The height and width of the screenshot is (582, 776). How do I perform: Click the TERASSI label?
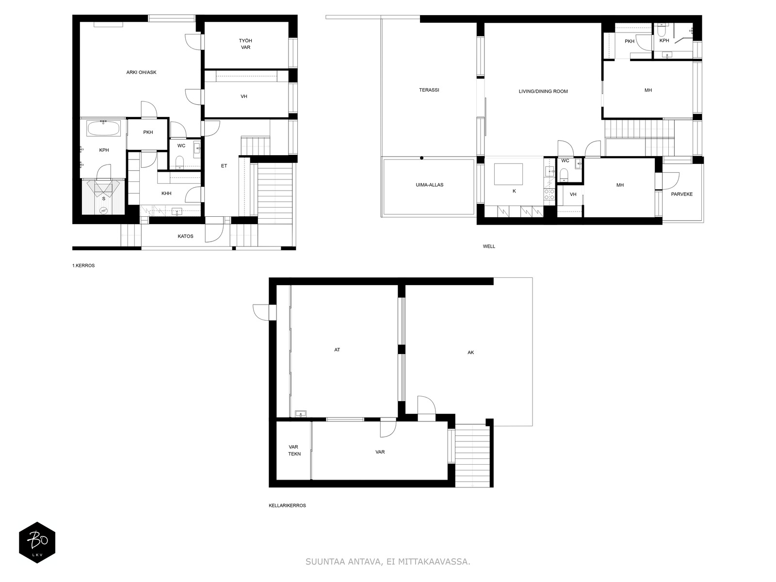(x=429, y=90)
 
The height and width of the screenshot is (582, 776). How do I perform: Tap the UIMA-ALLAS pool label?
(x=429, y=185)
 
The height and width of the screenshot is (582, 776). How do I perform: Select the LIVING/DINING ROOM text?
(x=543, y=91)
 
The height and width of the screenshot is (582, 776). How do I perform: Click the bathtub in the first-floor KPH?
(x=103, y=129)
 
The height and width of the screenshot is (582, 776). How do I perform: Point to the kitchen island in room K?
(x=508, y=174)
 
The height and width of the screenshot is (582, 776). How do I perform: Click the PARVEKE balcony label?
(x=681, y=194)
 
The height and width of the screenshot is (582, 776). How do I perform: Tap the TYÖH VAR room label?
(x=245, y=44)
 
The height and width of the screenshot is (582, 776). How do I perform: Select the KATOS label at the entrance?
(x=185, y=236)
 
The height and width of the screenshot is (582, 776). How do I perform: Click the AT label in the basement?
(x=337, y=350)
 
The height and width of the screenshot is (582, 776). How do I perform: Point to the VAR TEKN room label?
(x=294, y=451)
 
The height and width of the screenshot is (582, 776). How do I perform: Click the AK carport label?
(x=470, y=353)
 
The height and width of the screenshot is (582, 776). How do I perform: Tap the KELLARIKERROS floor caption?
(x=287, y=505)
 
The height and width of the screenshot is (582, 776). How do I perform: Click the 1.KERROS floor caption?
(x=83, y=266)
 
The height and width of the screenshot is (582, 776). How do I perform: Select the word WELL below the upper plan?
(x=489, y=246)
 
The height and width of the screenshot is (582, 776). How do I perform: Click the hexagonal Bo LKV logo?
(x=37, y=543)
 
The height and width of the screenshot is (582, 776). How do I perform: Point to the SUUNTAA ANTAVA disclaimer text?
(x=388, y=562)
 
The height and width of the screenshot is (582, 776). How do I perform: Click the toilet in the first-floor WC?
(x=180, y=162)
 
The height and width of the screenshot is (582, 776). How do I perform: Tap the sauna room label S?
(x=103, y=198)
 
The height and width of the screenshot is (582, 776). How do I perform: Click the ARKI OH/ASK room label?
(x=141, y=72)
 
